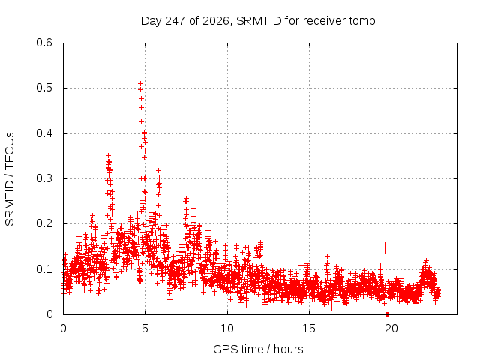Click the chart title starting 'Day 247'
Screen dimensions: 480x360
click(258, 21)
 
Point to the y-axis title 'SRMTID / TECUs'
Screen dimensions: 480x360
click(10, 179)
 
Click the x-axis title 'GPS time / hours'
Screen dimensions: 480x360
click(258, 349)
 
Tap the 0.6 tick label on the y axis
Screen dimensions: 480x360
click(44, 43)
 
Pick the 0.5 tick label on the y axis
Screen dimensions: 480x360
click(44, 88)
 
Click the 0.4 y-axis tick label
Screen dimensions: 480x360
click(44, 133)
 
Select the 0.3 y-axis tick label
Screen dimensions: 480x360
click(44, 178)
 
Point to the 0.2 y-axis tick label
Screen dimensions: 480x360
click(44, 223)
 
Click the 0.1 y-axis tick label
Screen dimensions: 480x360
click(44, 269)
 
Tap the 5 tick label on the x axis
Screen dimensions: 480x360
click(145, 328)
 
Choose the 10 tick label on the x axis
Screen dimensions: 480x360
click(227, 328)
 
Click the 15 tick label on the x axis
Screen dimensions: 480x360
click(309, 328)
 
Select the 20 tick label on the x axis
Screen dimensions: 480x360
click(391, 328)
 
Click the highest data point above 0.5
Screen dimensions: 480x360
click(140, 83)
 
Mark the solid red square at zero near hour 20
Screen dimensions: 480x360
click(387, 314)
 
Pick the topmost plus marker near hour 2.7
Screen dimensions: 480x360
click(108, 156)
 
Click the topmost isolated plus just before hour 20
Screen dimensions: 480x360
click(385, 244)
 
